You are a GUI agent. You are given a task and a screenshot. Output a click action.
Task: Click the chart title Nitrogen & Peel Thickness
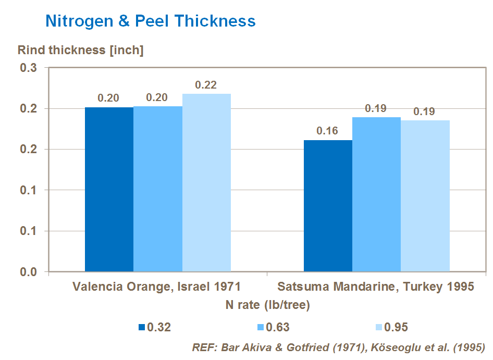pos(151,21)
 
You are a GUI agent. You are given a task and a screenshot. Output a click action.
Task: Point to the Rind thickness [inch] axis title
pos(80,51)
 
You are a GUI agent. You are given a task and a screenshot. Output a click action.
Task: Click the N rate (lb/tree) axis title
pos(268,305)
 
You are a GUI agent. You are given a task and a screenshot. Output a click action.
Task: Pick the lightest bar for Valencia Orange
pos(206,182)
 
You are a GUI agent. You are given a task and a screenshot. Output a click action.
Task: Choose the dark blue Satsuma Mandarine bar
pos(328,206)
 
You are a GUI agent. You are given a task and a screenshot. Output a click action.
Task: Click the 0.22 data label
pos(206,85)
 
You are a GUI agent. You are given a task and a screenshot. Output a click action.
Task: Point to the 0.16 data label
pos(327,131)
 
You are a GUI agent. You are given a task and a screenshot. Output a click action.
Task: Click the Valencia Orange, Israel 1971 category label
pos(157,287)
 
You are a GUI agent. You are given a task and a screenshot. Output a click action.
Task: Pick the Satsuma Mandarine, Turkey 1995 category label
pos(376,287)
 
